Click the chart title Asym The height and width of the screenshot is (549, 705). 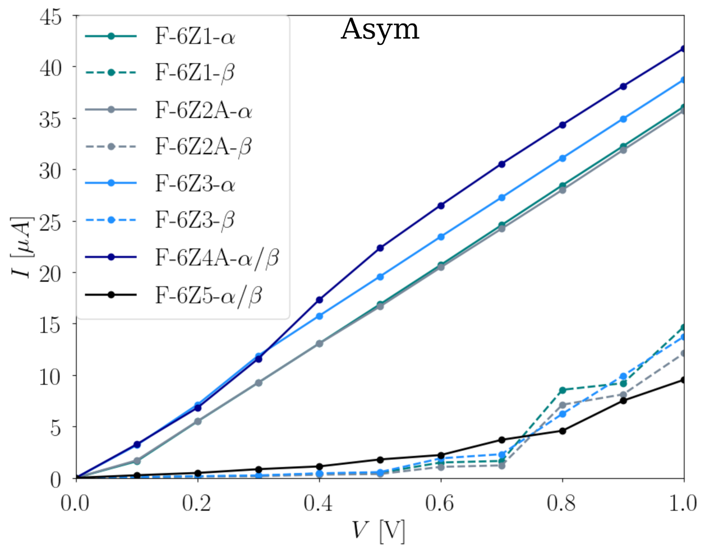(x=380, y=29)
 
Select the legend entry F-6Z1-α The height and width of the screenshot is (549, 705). (x=195, y=37)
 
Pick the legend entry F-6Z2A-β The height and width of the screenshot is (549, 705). (x=203, y=147)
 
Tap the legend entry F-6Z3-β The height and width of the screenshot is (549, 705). (x=195, y=220)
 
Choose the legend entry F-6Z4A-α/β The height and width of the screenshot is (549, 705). (x=216, y=257)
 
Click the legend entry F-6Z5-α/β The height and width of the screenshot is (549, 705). (x=208, y=295)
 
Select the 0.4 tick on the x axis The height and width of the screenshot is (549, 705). (x=319, y=503)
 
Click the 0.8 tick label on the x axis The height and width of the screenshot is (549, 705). (x=562, y=503)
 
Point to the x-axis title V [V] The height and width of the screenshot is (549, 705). (x=379, y=530)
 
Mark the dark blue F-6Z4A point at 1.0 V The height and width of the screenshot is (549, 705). (x=684, y=49)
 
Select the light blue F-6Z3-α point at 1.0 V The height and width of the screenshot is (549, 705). (x=684, y=80)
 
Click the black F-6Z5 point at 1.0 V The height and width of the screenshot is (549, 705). (x=684, y=380)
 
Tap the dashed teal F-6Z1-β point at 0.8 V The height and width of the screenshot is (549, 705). (x=562, y=390)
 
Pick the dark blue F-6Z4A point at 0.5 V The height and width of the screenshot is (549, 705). (x=380, y=248)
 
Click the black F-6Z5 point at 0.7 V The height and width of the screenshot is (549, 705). (x=501, y=440)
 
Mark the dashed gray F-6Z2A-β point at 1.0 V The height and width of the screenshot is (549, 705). (x=684, y=353)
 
